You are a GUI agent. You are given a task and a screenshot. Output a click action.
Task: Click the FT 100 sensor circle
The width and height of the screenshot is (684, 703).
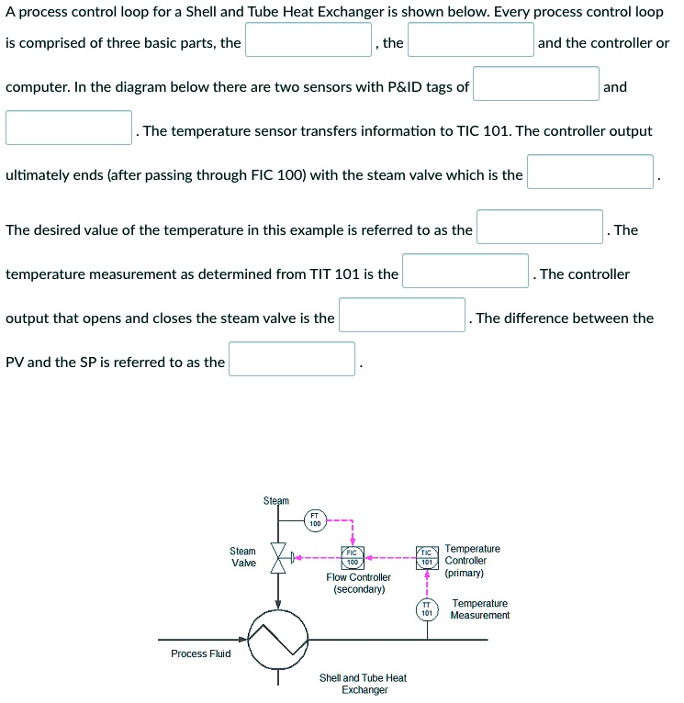coord(315,520)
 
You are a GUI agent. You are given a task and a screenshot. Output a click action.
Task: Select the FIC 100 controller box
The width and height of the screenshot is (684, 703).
coord(353,557)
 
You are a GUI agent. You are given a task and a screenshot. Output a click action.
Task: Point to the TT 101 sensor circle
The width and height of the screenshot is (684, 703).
coord(426,608)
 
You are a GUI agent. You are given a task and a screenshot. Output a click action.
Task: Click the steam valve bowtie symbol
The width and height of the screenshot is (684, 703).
coord(278,557)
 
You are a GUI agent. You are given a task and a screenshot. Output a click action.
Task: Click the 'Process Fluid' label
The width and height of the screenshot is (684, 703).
coord(201,653)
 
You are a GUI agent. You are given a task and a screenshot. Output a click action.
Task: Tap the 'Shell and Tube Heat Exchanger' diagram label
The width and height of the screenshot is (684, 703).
coord(363,684)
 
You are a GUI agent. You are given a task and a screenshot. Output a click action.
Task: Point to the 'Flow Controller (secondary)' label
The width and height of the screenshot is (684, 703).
coord(358,584)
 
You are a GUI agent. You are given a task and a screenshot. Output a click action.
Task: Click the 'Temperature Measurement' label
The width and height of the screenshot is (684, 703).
coord(479,609)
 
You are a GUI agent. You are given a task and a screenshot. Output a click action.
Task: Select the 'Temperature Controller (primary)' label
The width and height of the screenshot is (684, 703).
coord(472,560)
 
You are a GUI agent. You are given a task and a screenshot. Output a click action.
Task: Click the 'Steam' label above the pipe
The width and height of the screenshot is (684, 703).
coord(275,500)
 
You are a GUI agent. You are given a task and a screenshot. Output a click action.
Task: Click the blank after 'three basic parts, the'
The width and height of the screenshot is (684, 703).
coord(308,40)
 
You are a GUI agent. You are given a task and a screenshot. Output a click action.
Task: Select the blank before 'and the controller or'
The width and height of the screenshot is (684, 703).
coord(471,40)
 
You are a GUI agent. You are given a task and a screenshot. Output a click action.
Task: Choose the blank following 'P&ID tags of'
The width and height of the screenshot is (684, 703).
coord(536,84)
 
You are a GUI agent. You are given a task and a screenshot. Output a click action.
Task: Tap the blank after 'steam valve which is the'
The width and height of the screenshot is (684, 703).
coord(590,172)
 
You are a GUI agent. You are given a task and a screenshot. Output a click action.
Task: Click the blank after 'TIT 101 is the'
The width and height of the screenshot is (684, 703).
coord(465,271)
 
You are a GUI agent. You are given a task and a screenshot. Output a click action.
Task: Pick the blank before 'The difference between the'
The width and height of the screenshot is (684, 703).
coord(402,315)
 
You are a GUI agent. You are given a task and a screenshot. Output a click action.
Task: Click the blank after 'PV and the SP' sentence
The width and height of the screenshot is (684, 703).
coord(292,359)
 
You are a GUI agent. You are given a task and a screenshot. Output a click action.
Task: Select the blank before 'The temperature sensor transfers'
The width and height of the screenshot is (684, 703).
coord(69,128)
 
